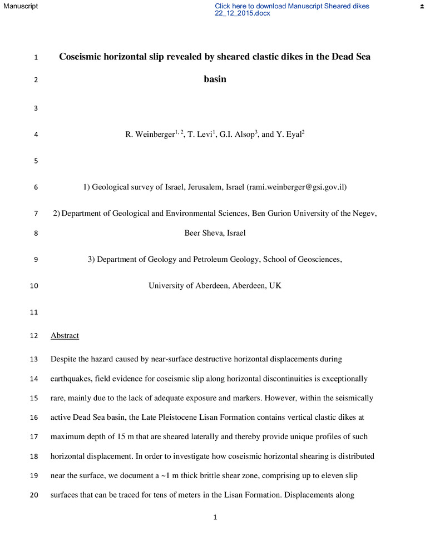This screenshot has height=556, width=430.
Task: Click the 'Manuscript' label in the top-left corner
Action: point(19,6)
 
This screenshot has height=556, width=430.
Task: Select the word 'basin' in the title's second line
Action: point(215,79)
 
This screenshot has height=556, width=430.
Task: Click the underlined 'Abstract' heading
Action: point(65,336)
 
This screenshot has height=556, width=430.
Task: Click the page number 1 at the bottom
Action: point(215,518)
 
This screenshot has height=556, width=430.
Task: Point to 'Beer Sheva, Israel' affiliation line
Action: point(215,233)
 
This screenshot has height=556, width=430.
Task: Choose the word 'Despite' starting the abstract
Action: point(63,359)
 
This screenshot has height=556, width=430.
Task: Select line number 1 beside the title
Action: point(36,57)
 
